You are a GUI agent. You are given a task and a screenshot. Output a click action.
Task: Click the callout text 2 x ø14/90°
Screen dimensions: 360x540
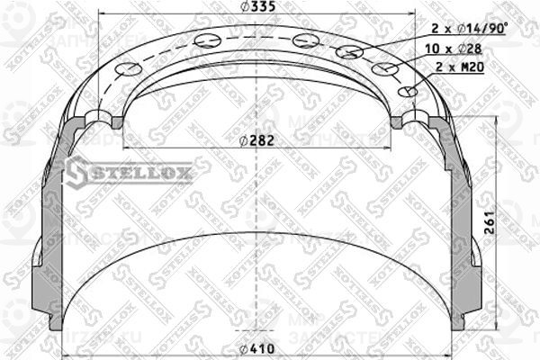[458, 30]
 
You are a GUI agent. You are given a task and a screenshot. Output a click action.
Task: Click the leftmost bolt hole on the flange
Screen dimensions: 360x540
[130, 70]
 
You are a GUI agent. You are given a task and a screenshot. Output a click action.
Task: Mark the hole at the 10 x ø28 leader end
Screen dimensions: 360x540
[384, 68]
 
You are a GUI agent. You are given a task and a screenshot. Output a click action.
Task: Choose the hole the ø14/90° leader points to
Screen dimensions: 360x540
[348, 51]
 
